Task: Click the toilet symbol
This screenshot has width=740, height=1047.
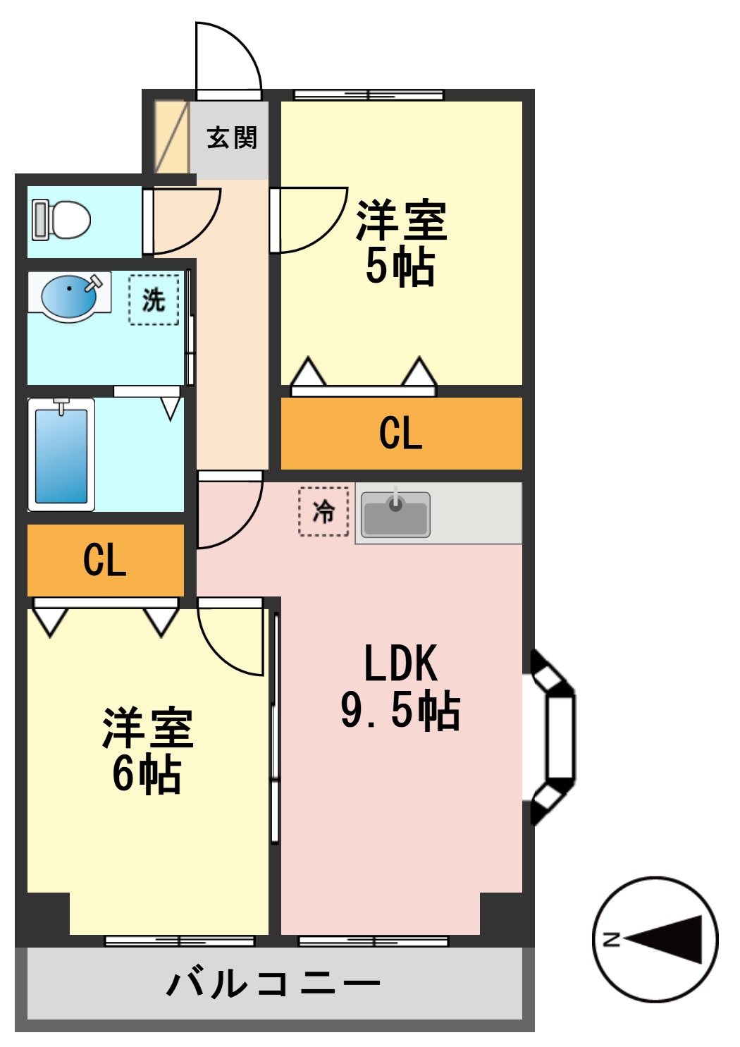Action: click(x=62, y=220)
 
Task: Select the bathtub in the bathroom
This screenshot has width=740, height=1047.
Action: click(x=61, y=455)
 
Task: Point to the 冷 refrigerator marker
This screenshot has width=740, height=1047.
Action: click(x=323, y=512)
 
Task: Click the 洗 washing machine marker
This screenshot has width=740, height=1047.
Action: click(x=154, y=300)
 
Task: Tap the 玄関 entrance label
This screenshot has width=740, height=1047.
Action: click(x=232, y=137)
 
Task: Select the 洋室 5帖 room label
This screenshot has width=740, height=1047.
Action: click(x=400, y=243)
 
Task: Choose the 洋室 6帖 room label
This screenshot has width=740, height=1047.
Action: click(x=147, y=751)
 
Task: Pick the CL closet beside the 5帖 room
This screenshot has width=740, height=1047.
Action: click(x=401, y=433)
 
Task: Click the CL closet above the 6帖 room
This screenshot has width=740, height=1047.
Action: click(x=105, y=561)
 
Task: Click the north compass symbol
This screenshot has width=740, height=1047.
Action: click(x=655, y=939)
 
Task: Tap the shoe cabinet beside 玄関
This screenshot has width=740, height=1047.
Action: click(x=171, y=137)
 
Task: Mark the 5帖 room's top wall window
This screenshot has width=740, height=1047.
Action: click(x=369, y=94)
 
